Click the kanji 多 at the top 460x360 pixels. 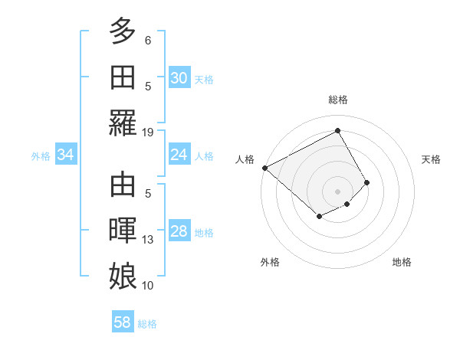point(123,32)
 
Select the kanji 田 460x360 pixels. point(123,77)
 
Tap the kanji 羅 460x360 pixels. point(123,123)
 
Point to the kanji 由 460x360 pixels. point(123,186)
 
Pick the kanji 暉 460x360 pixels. point(123,231)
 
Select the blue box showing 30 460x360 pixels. point(179,78)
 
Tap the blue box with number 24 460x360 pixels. point(179,155)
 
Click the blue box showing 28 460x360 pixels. point(179,231)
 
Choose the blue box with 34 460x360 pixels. point(66,155)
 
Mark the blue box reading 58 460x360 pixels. point(123,322)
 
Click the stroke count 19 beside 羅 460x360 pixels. point(148,132)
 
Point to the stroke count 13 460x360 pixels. point(148,240)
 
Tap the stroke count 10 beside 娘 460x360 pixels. point(148,285)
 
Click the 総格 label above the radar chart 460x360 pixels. point(337,100)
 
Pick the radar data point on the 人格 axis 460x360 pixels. point(264,168)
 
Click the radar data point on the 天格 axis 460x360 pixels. point(367,182)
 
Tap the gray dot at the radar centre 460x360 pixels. point(337,191)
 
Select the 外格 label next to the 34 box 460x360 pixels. point(41,155)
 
